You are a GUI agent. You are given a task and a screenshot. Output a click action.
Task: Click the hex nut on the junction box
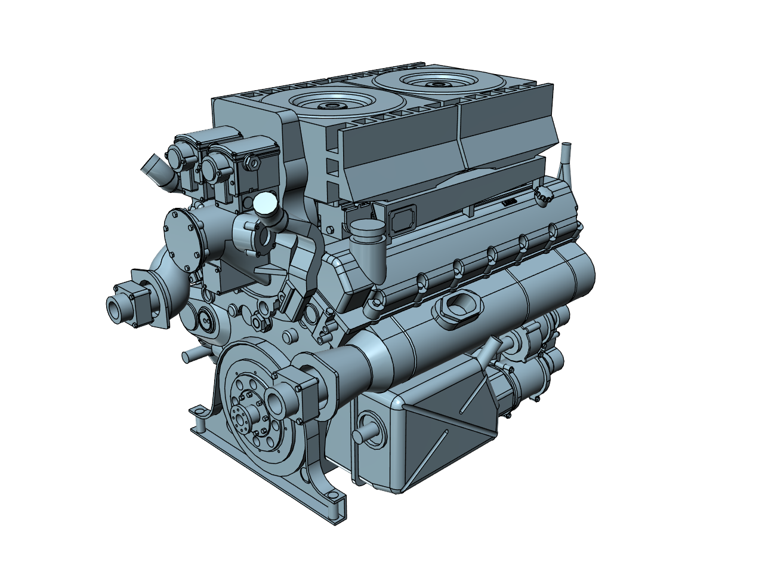[x=251, y=161]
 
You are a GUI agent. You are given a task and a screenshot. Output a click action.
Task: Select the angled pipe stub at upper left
[x=153, y=167]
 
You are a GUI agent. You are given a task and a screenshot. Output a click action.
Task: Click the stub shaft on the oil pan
[x=365, y=433]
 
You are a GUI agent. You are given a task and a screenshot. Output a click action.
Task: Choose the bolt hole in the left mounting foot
[x=196, y=412]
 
